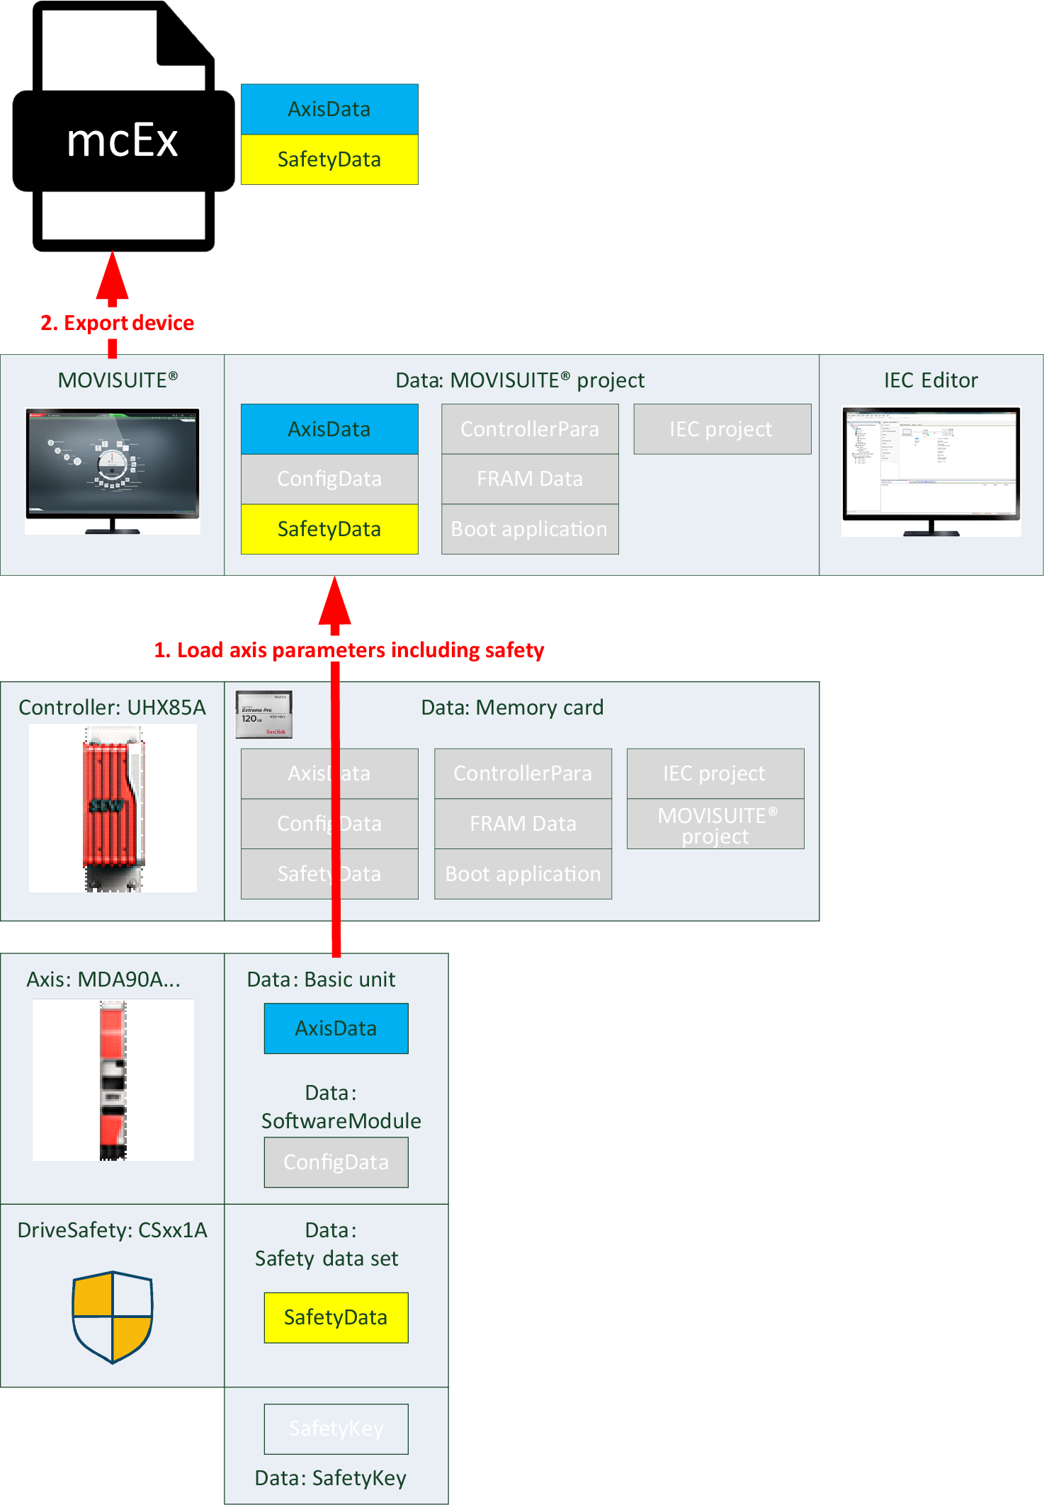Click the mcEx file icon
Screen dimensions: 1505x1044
123,127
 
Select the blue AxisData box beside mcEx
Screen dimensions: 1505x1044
329,109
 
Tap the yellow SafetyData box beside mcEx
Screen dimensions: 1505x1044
329,159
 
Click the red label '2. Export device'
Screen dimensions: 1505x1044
118,323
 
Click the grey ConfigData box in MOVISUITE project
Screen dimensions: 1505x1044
329,479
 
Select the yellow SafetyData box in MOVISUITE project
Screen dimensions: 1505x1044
329,529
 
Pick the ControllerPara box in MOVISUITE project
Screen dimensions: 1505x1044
530,429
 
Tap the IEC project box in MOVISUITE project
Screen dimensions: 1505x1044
722,429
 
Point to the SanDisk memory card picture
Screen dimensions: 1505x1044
264,714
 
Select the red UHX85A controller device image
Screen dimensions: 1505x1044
113,807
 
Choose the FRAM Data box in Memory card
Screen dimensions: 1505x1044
523,824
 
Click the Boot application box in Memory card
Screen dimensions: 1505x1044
523,874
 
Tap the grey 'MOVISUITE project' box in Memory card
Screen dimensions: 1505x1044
715,824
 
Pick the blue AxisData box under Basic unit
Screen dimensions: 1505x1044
336,1028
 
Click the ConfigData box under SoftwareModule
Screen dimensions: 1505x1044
336,1162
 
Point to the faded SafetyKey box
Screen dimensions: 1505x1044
336,1429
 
